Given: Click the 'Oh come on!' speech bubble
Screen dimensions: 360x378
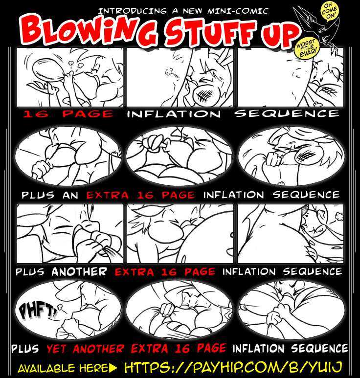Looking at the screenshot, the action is [x=330, y=12].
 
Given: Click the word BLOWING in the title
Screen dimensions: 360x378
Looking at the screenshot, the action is [x=89, y=31].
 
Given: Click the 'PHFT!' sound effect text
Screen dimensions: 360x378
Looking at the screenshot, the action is [x=38, y=311].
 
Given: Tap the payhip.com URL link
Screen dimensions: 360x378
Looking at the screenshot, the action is [x=233, y=367].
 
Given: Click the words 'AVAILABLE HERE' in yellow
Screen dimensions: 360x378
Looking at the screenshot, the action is [x=63, y=369].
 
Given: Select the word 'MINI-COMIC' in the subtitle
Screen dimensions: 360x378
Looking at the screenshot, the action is [x=238, y=11].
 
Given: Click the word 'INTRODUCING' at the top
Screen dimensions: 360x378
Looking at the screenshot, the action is [x=133, y=11].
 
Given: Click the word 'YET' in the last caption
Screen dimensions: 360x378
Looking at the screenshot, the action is [x=56, y=349].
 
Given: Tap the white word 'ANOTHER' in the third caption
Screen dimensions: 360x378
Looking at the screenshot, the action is [x=79, y=272].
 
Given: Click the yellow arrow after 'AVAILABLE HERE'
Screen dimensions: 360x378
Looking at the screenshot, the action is [x=113, y=368].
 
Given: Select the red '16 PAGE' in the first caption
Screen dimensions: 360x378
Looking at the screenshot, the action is [x=68, y=114].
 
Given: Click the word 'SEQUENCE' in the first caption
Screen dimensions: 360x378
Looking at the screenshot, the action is [x=287, y=113].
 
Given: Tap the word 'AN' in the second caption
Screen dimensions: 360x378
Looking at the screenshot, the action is [x=70, y=195].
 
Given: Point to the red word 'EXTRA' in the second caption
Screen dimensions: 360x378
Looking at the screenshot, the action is [x=108, y=195].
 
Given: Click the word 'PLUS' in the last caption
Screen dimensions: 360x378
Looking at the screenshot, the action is [x=25, y=349].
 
